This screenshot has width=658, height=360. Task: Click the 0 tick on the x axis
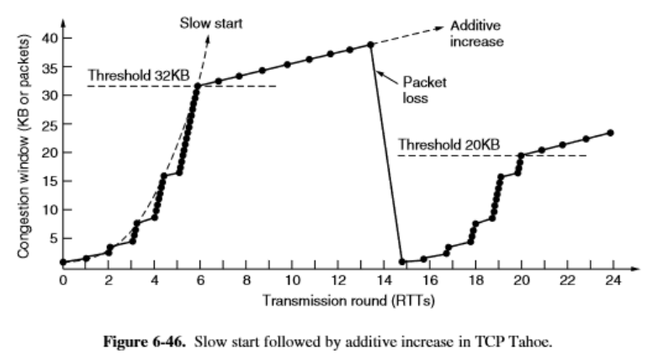(62, 279)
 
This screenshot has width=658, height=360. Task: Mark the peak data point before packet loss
(370, 45)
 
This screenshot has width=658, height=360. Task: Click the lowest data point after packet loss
(402, 262)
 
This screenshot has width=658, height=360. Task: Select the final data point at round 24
(609, 133)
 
